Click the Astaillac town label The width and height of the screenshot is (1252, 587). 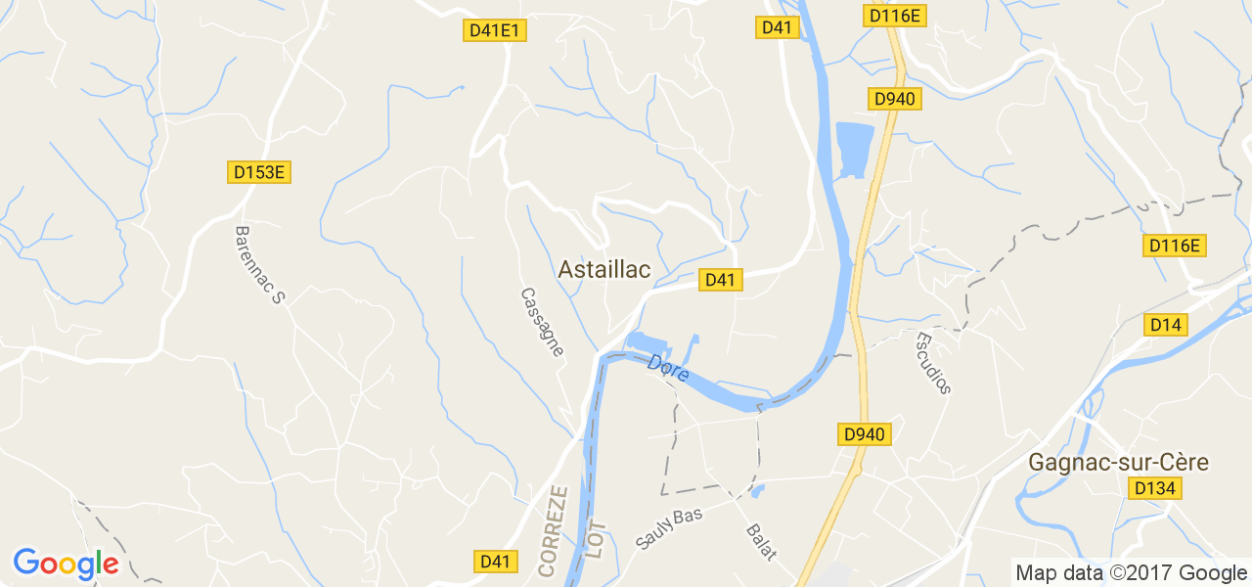(x=604, y=270)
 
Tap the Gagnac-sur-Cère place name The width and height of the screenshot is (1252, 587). (x=1118, y=462)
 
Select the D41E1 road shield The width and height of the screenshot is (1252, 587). (x=495, y=30)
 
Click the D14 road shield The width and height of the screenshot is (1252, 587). (x=1165, y=324)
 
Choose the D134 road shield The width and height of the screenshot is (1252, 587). (x=1154, y=488)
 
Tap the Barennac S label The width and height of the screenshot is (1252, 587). (x=258, y=264)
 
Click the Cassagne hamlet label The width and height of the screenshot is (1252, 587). (x=542, y=322)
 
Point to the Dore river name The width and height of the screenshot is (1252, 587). (x=668, y=368)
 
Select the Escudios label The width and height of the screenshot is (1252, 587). (x=932, y=363)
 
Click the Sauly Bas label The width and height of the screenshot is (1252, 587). (x=669, y=528)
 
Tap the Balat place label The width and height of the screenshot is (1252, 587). (x=761, y=542)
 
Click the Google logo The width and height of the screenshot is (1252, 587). (x=66, y=564)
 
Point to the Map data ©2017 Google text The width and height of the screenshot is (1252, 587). (x=1131, y=573)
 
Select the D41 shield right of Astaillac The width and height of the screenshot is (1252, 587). (x=719, y=280)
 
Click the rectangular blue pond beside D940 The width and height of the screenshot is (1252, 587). (x=854, y=150)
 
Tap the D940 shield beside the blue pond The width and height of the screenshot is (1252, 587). (x=894, y=99)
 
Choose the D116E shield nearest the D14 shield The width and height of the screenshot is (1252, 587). (x=1174, y=246)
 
